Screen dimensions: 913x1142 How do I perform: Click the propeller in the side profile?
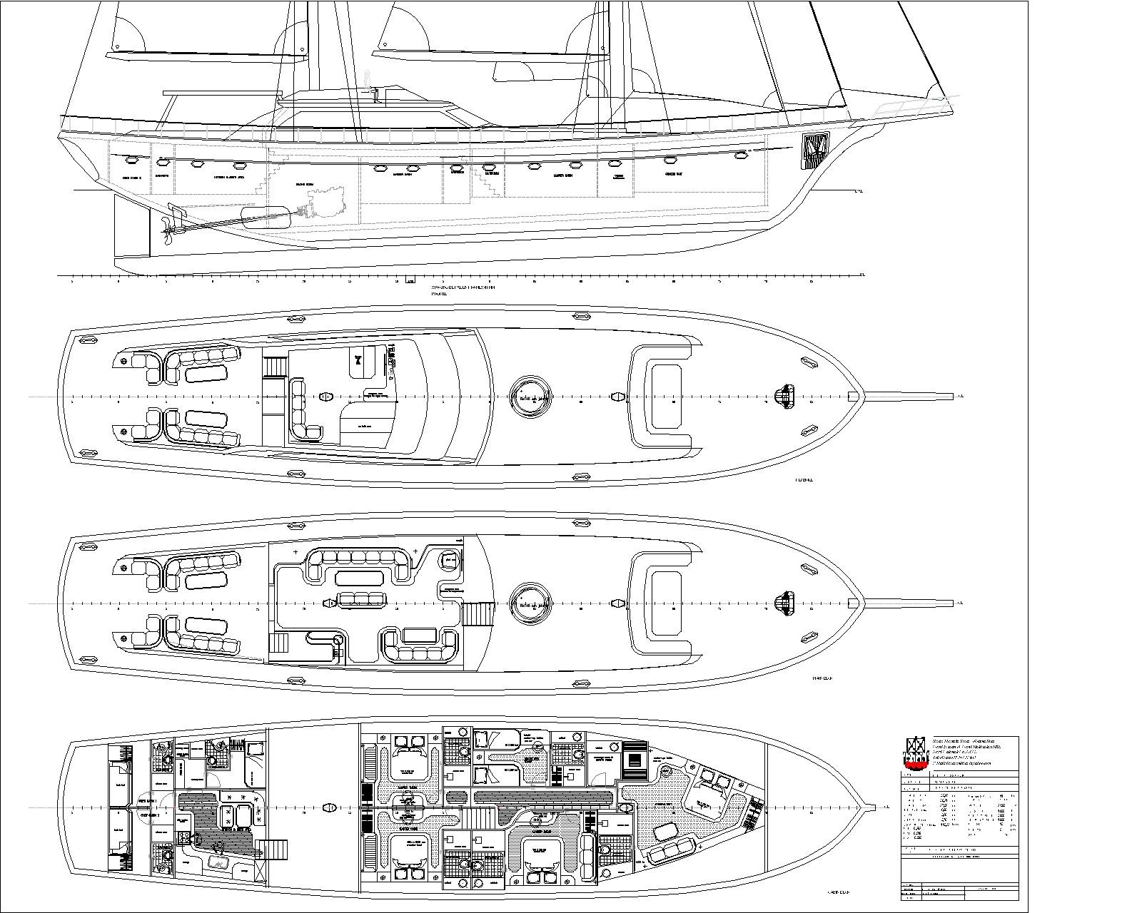click(x=168, y=226)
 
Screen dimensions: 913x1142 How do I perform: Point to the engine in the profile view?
click(x=325, y=201)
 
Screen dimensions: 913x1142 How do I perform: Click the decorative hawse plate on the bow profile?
click(x=814, y=151)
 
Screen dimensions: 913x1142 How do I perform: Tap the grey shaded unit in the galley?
click(x=220, y=862)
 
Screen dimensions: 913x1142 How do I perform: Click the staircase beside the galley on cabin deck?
click(x=274, y=850)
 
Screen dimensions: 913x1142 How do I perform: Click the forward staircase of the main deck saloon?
click(x=477, y=614)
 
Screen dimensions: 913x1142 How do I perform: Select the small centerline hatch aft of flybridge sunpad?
click(x=618, y=397)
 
